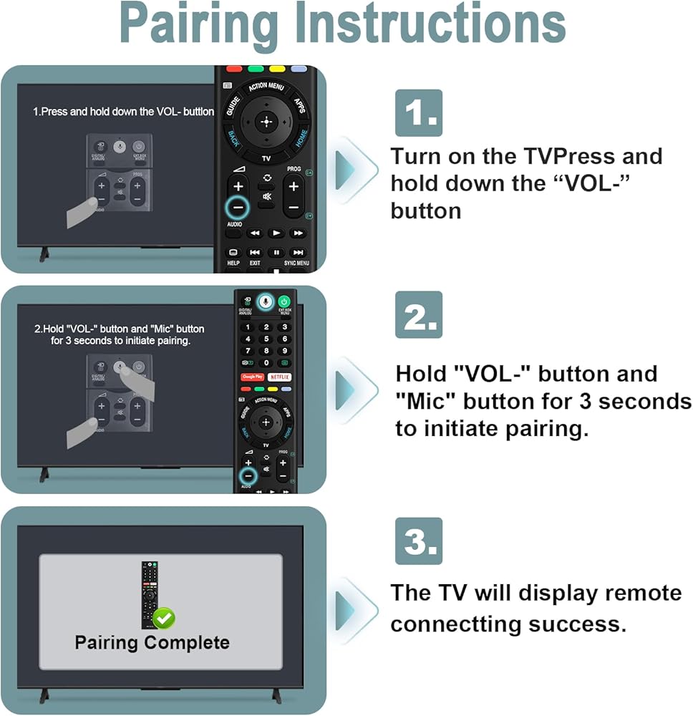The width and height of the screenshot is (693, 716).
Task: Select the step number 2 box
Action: (x=419, y=314)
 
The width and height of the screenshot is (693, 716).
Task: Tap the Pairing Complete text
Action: (x=152, y=642)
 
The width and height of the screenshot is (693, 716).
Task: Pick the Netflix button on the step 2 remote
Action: (x=279, y=376)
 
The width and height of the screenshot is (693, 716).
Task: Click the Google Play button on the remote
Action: (x=252, y=376)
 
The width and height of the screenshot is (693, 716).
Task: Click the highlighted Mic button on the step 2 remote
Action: (x=266, y=302)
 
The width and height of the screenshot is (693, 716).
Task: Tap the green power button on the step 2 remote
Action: (x=284, y=302)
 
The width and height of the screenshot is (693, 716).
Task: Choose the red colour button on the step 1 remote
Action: (x=234, y=70)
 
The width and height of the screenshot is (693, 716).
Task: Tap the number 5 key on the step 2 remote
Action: (x=266, y=339)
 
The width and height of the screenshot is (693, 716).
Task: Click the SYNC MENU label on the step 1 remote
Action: (x=296, y=263)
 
